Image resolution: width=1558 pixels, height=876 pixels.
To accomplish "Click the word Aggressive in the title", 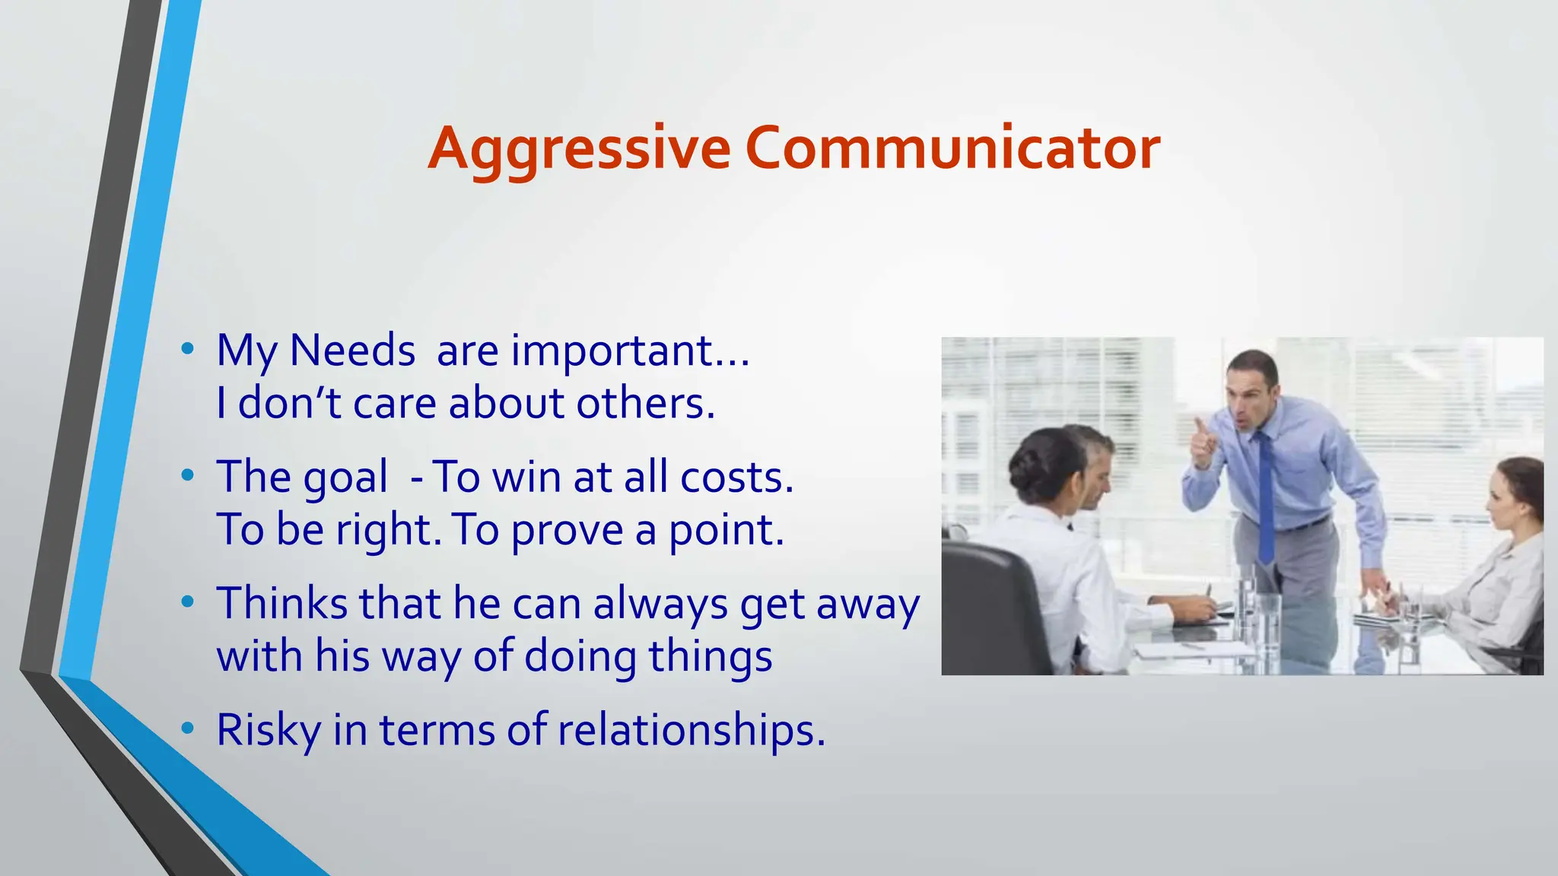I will pos(579,149).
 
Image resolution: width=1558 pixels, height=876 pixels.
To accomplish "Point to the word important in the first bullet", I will pos(612,352).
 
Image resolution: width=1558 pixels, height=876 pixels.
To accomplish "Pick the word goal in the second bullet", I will pos(345,479).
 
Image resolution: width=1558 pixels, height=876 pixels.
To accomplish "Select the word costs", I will pos(736,478).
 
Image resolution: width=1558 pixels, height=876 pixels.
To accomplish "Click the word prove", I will pos(567,531).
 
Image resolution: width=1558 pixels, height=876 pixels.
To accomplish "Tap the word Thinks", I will pos(281,604).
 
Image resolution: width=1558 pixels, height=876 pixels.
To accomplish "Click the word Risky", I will pos(268,731).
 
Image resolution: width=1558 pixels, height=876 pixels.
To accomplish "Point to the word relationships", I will pos(691,731).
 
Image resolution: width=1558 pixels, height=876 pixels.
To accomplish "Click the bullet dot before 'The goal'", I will pos(188,477).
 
